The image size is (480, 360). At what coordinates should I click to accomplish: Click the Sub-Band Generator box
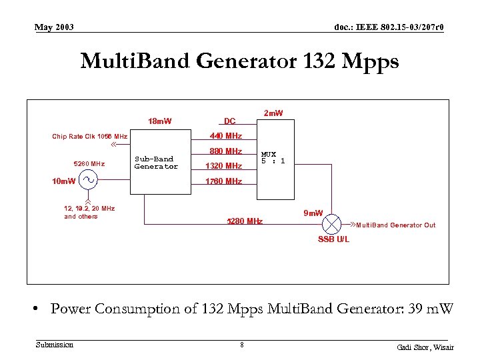(155, 163)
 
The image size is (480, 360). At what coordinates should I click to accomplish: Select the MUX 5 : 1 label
(273, 157)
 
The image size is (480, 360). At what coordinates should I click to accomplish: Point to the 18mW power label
(159, 121)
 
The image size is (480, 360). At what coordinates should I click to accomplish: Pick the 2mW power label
(273, 113)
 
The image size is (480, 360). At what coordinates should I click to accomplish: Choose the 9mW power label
(313, 213)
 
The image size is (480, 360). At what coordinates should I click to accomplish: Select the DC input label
(229, 121)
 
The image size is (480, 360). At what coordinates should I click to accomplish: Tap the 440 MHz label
(225, 137)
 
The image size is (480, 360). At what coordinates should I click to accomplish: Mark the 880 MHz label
(225, 151)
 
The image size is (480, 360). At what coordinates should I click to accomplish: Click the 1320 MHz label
(224, 166)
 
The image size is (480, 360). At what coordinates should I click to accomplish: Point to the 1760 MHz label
(224, 181)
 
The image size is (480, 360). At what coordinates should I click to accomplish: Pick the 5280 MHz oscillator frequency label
(89, 163)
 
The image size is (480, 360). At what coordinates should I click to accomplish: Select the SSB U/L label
(333, 239)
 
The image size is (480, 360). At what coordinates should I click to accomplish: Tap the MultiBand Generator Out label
(395, 225)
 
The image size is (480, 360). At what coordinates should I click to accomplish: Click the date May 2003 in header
(55, 27)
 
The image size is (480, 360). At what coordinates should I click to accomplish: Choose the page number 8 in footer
(242, 345)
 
